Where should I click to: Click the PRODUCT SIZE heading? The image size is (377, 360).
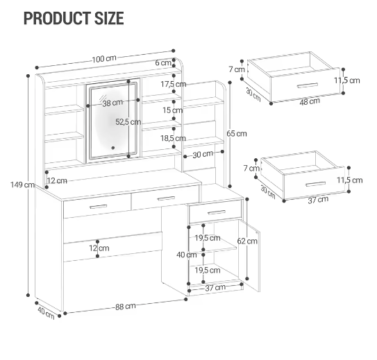pos(74,18)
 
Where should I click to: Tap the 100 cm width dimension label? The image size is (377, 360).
pos(104,58)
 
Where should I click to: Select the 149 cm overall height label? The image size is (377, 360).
pos(22,185)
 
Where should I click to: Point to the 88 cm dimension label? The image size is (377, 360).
pos(125,307)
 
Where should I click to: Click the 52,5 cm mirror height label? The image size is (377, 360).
pos(128,122)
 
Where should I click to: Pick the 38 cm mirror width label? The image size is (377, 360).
pos(112,103)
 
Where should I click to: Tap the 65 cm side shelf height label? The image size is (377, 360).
pos(237,134)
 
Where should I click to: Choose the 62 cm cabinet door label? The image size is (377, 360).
pos(247,241)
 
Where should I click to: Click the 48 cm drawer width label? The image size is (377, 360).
pos(310,101)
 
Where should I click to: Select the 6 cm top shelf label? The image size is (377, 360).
pos(163,62)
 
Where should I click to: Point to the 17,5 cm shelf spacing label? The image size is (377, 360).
pos(174,84)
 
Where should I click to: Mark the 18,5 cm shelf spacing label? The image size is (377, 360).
pos(173,138)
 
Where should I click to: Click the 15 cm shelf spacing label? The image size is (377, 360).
pos(173,110)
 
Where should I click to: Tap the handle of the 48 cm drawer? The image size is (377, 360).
pos(308,85)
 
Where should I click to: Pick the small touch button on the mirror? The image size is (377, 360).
pos(113,148)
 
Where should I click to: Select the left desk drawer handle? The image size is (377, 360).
pos(98,207)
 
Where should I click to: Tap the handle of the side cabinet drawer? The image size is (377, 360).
pos(217,212)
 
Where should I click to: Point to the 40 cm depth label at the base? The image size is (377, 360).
pos(46,313)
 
